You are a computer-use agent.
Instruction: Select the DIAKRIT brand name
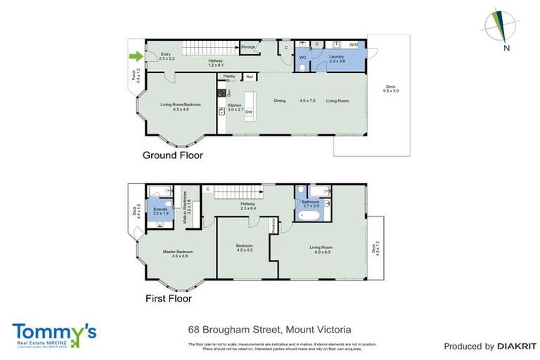pos(517,346)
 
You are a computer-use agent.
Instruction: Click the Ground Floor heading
pos(172,155)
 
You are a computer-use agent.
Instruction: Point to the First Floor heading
pos(169,298)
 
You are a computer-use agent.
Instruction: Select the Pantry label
pos(229,76)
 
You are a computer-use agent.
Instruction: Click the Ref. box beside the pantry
pos(250,76)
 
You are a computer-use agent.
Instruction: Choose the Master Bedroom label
pos(178,252)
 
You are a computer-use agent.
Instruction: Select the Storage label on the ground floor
pos(247,47)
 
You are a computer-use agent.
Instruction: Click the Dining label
pos(280,101)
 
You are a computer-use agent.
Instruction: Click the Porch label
pos(134,76)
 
